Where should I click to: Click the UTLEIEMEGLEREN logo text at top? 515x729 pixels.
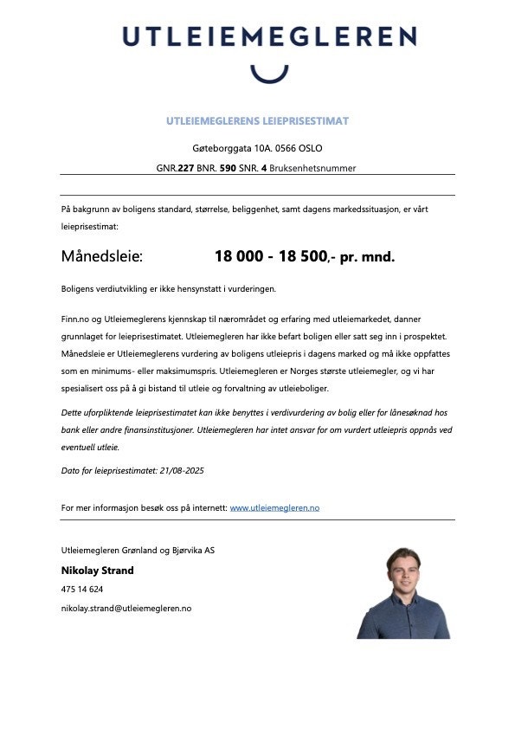coord(269,37)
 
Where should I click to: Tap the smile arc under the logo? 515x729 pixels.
coord(268,73)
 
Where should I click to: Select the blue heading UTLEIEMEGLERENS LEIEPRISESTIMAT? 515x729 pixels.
coord(257,121)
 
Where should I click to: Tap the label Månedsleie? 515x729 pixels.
coord(101,257)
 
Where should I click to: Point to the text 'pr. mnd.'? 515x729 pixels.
coord(367,257)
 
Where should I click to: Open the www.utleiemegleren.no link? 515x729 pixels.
coord(274,507)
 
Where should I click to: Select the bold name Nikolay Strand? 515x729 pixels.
coord(97,571)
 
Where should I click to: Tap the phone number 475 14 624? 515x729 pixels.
coord(82,590)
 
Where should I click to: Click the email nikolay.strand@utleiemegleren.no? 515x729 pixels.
coord(126,609)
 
